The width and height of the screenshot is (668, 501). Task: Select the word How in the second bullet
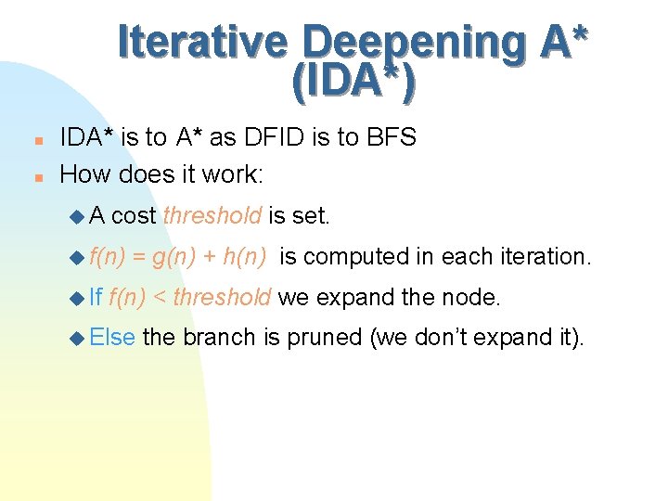coord(83,173)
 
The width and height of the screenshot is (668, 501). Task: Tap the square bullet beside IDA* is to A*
coord(36,140)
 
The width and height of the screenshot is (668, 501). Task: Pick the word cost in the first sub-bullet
coord(133,216)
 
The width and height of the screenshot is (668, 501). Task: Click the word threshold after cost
coord(212,216)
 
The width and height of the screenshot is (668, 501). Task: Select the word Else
coord(113,338)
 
